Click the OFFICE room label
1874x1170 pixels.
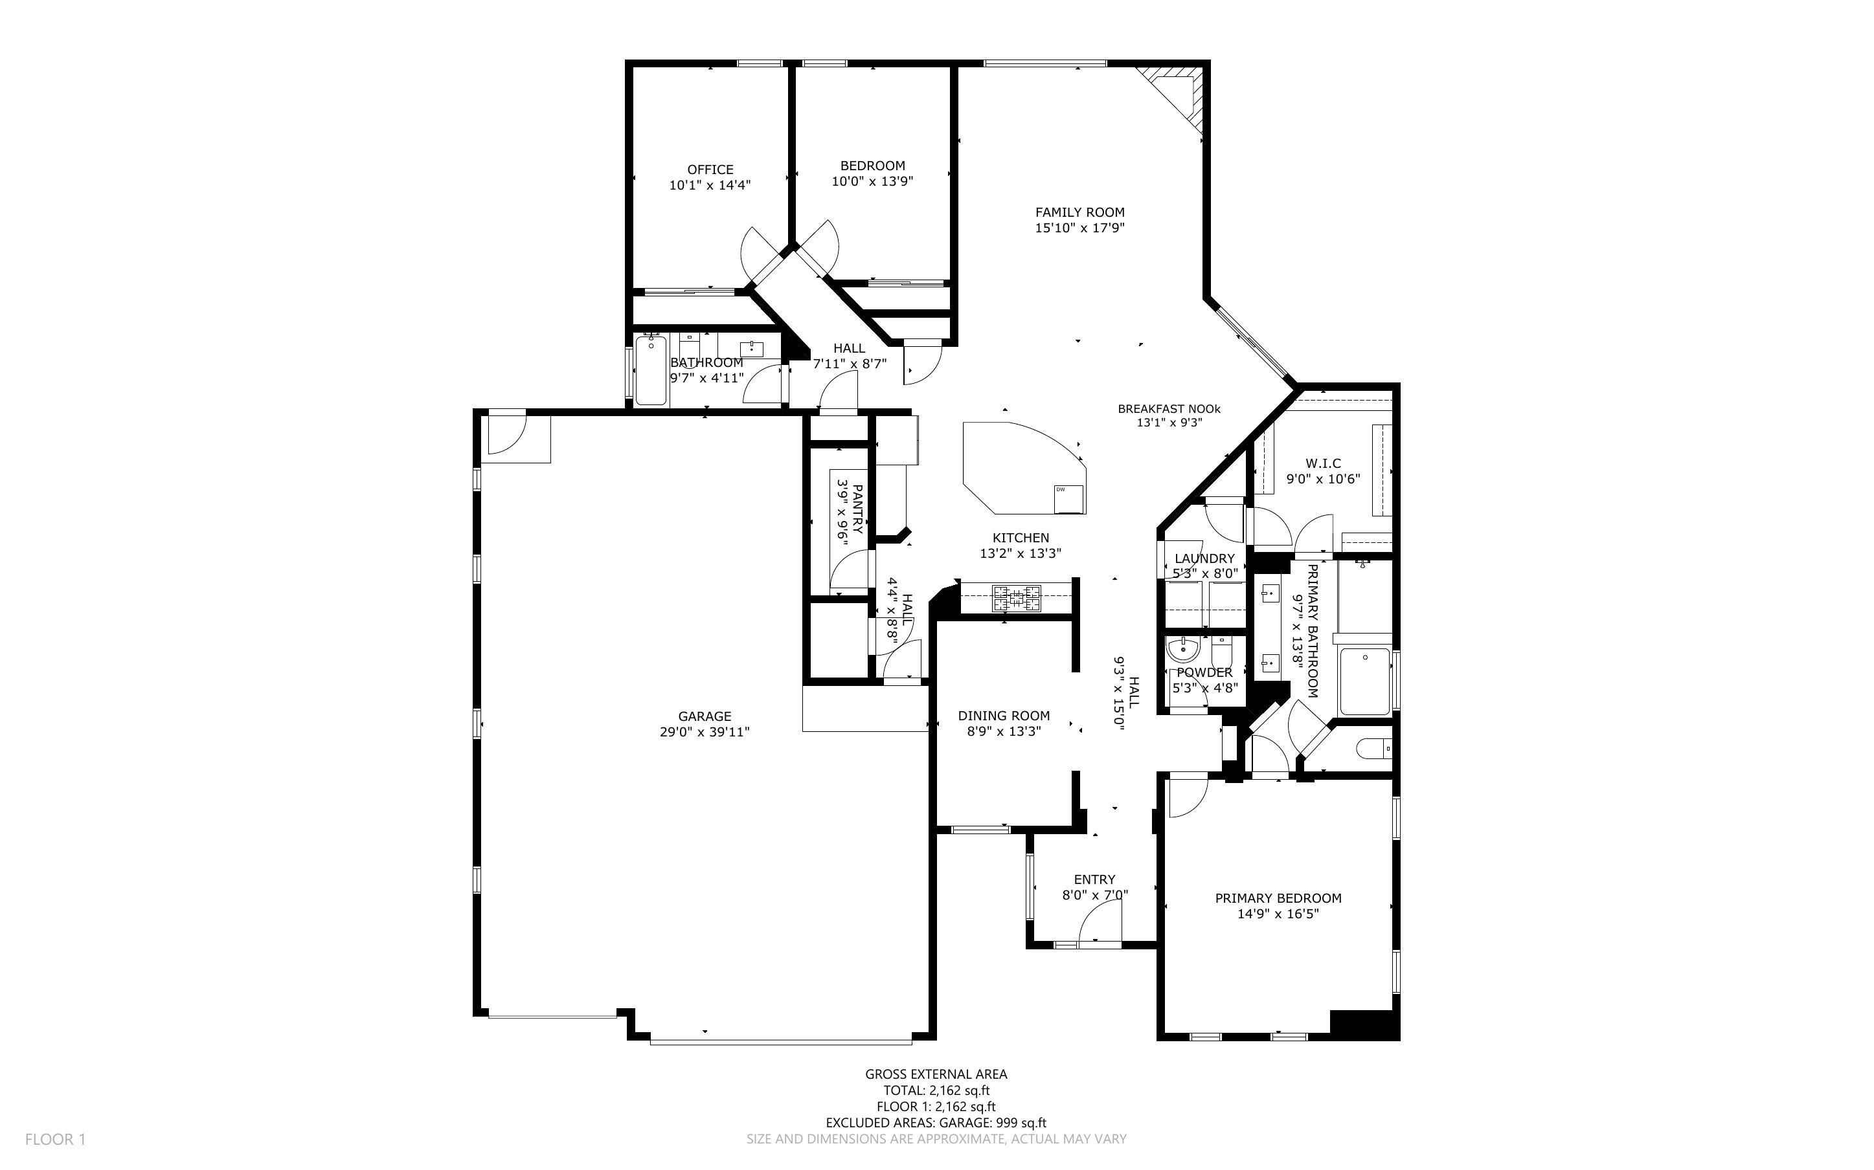click(710, 170)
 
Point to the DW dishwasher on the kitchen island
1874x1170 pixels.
click(1069, 498)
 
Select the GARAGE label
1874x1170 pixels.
click(705, 716)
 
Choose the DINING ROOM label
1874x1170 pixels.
click(1004, 716)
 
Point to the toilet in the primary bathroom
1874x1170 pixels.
click(1375, 749)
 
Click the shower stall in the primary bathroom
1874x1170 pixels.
click(1364, 681)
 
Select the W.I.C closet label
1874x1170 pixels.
click(1323, 463)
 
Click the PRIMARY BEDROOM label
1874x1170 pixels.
click(1278, 898)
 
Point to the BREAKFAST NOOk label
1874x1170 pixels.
click(1169, 408)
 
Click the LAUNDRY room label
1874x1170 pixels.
click(1204, 558)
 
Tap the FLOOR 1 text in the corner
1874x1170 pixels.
click(55, 1139)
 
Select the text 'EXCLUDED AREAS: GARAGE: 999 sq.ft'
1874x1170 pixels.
click(936, 1123)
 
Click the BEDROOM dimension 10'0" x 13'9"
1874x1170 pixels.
click(872, 182)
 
